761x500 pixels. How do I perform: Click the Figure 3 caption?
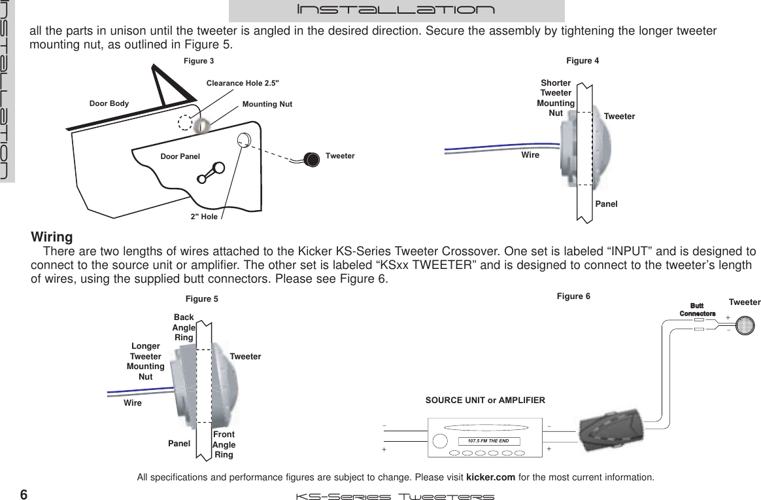[x=198, y=61]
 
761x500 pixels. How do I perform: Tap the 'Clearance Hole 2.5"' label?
[x=243, y=83]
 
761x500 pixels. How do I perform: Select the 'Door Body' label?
[x=109, y=103]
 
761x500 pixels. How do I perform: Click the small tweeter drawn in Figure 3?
[x=311, y=158]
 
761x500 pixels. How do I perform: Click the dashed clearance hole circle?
[x=186, y=124]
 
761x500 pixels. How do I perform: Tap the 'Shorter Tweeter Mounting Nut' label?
[x=556, y=98]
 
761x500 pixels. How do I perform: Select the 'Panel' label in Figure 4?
[x=606, y=204]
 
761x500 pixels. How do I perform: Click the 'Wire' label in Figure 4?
[x=530, y=155]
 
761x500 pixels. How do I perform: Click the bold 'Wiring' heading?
[x=52, y=236]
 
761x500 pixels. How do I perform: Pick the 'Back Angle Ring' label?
[x=184, y=327]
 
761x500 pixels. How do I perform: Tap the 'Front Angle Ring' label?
[x=224, y=444]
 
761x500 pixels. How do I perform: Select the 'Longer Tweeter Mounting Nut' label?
[x=145, y=361]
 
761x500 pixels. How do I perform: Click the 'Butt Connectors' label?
[x=697, y=309]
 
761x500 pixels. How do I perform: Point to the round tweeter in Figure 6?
[x=745, y=325]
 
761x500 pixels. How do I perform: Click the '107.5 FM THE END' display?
[x=488, y=441]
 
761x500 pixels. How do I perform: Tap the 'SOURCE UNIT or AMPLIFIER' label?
[x=485, y=399]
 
